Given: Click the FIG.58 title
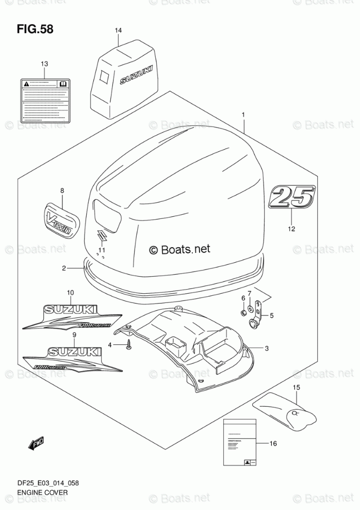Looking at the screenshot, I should [x=35, y=28].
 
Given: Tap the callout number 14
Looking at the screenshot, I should [x=118, y=31].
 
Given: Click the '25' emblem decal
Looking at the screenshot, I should [x=291, y=198].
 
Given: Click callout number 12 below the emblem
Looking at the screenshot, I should [x=291, y=229].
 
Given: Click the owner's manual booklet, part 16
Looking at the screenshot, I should [x=240, y=443].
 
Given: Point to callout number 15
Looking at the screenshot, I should [x=297, y=388].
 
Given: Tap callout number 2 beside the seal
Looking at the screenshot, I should [x=64, y=268].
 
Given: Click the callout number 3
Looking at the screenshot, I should [x=267, y=349].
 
